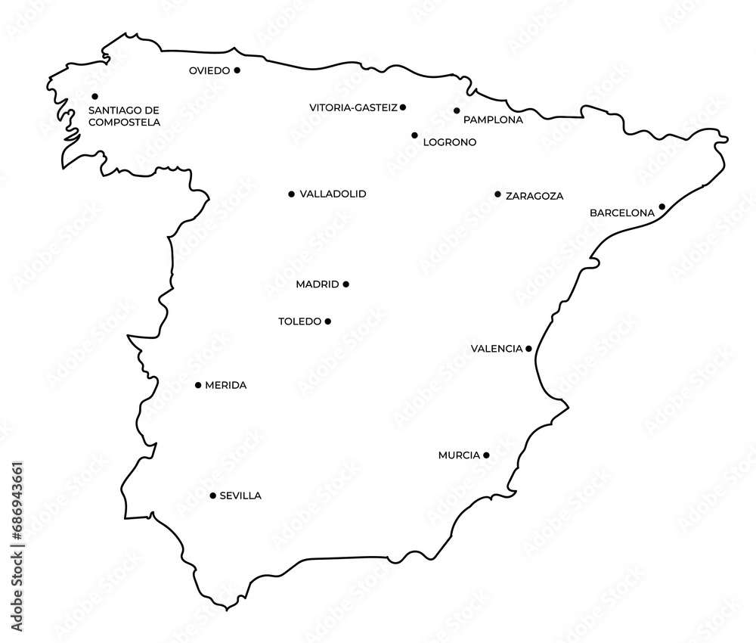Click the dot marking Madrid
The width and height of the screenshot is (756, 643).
coord(346,284)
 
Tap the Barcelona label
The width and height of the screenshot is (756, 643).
coord(621,213)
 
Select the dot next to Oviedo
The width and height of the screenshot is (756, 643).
coord(237,70)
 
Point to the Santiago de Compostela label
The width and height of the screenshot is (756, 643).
coord(124,115)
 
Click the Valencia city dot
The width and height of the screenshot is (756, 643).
coord(528,349)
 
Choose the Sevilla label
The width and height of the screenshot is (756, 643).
coord(240,496)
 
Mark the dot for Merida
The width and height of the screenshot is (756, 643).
coord(198,385)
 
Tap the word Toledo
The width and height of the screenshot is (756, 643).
coord(300,321)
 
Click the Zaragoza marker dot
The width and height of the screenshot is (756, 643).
coord(497,194)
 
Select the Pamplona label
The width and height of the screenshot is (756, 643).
coord(493,120)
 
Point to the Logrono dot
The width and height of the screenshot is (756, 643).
coord(414,135)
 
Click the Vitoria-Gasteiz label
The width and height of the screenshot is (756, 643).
coord(353,108)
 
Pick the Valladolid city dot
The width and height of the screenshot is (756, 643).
coord(292,194)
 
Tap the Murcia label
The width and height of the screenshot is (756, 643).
coord(459,455)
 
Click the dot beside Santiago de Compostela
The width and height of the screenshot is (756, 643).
coord(95,96)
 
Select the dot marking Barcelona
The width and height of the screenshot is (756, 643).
coord(661,207)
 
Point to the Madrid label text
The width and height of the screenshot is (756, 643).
coord(318,285)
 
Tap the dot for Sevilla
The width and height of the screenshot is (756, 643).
coord(212,495)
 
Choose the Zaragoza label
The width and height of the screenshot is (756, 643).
coord(534,196)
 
